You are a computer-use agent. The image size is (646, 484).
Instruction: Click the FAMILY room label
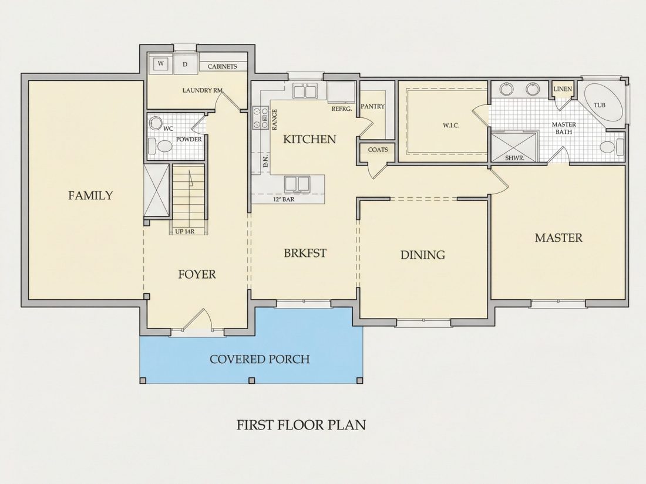90,195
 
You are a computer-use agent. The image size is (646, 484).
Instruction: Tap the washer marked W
161,63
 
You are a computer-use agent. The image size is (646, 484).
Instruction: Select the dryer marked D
186,64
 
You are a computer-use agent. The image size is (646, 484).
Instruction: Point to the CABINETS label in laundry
222,66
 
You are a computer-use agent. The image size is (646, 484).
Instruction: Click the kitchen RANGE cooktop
260,118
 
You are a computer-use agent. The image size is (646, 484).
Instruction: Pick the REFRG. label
342,109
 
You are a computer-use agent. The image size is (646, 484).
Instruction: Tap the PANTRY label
372,106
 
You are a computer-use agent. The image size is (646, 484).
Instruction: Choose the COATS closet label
378,150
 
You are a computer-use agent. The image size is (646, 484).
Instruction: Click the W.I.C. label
450,125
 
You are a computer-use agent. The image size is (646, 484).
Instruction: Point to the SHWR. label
514,158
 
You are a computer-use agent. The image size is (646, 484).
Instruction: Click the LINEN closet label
563,89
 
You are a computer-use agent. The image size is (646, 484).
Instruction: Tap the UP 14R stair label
184,231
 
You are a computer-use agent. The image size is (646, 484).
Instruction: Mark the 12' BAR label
284,199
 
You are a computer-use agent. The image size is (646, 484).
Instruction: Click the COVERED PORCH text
260,359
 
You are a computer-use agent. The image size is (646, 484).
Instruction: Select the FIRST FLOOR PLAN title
301,425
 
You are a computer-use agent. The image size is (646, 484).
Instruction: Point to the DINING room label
423,255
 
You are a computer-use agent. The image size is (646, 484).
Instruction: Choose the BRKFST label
305,253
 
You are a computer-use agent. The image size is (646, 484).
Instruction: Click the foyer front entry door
197,320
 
